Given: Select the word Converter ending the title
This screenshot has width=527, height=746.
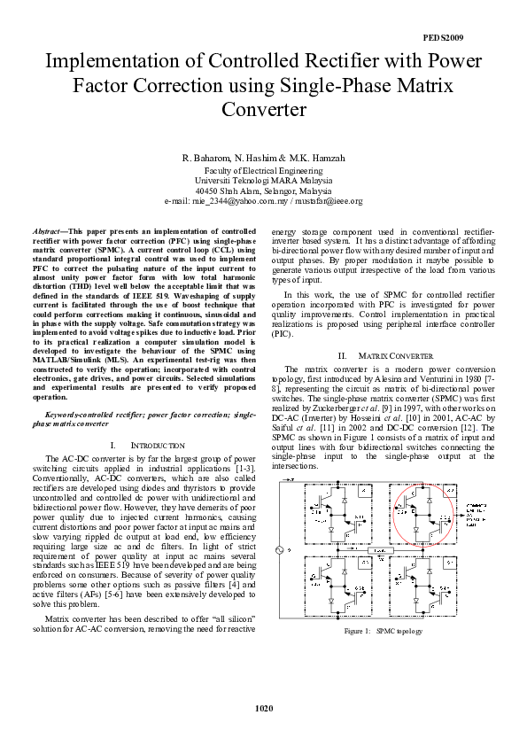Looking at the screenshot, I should click(263, 112).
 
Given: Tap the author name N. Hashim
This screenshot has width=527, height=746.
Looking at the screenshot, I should click(263, 158).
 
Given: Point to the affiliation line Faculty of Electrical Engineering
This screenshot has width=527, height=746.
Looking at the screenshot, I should click(263, 169).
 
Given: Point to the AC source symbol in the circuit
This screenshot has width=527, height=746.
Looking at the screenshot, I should click(283, 551).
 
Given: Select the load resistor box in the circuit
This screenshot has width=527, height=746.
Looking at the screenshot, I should click(383, 550).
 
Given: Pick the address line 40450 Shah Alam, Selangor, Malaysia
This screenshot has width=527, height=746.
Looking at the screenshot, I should click(263, 190).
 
